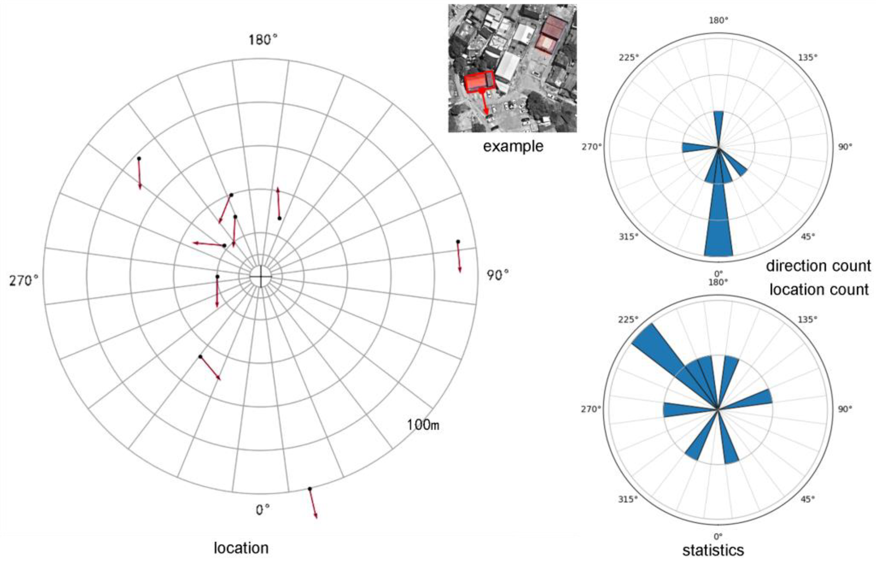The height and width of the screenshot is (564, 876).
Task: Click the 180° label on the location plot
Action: click(263, 40)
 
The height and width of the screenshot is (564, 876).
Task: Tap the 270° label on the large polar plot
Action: click(23, 281)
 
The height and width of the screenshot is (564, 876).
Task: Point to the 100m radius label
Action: click(423, 425)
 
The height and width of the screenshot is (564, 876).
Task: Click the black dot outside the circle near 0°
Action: click(310, 489)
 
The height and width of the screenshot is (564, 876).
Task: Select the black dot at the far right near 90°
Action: click(458, 242)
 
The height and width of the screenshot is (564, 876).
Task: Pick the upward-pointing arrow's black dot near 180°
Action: click(279, 218)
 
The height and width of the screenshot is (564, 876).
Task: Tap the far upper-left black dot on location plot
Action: click(139, 159)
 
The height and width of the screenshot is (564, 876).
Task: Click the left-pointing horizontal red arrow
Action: click(209, 244)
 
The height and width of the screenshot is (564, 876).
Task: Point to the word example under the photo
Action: click(513, 146)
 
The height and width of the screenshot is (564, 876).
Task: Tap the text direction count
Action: click(818, 266)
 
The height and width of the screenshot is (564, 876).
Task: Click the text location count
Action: click(819, 289)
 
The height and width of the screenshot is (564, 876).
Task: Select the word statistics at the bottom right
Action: click(713, 550)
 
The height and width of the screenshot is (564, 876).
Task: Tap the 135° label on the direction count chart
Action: click(807, 58)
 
